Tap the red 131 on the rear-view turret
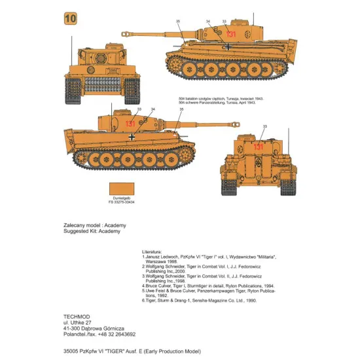coord(259,147)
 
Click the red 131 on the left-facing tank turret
coord(230,34)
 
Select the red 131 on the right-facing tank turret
coord(113,124)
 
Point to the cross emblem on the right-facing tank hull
coord(133,137)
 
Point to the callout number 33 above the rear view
coord(265,126)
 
